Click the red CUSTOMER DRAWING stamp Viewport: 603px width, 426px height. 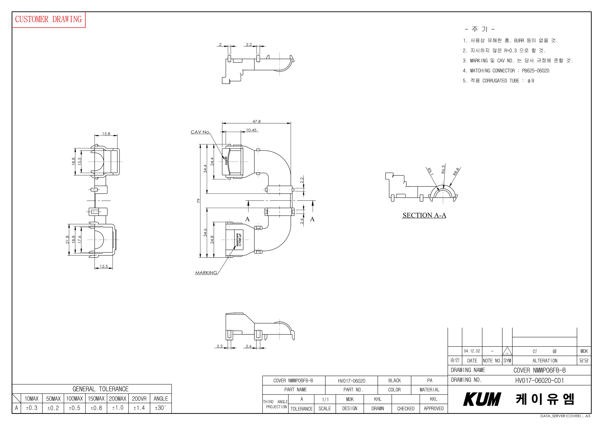(49, 19)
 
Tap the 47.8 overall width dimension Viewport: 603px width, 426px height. (256, 121)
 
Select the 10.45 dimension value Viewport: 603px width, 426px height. (251, 130)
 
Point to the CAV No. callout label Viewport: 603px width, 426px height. (200, 132)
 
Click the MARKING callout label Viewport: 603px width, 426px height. (206, 273)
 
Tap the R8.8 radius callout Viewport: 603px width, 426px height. (456, 171)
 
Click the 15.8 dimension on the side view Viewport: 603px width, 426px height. (106, 134)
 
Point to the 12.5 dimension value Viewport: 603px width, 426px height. (104, 266)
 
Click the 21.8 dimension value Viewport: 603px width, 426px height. (67, 239)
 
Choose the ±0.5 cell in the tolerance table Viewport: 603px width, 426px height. (75, 408)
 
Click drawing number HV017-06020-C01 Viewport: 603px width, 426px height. (539, 380)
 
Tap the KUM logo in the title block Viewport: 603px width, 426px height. (482, 399)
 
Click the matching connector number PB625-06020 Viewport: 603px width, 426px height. (535, 71)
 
